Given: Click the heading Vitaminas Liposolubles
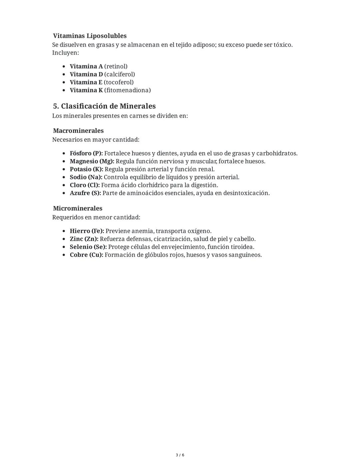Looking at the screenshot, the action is tap(90, 36).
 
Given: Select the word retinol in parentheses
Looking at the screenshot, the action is tap(116, 66).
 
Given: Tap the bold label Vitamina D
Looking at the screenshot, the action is tap(86, 74).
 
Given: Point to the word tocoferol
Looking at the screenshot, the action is tap(119, 82).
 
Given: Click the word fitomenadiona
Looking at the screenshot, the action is tap(127, 90).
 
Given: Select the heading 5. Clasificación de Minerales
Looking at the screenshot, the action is tap(104, 106).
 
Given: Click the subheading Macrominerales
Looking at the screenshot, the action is tap(78, 131).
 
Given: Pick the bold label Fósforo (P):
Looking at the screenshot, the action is tap(86, 153).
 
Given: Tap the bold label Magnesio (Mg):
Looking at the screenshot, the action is tap(92, 161).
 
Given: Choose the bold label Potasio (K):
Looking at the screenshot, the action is tap(86, 169).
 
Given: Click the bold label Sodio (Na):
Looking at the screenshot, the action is tap(86, 177).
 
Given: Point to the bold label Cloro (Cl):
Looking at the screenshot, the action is tap(85, 185).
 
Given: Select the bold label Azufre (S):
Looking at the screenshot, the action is tap(85, 193).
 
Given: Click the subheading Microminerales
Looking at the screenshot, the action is tap(78, 208).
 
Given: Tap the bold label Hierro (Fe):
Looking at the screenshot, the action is tap(87, 231).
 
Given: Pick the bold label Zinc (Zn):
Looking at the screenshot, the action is tap(84, 239).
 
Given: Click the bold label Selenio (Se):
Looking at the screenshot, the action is tap(88, 247).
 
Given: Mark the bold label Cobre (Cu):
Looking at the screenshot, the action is tap(86, 255).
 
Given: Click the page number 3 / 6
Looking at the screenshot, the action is tap(180, 455).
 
